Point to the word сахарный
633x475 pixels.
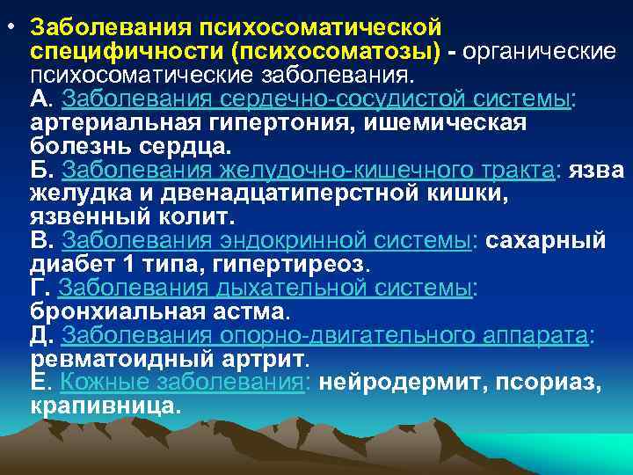coord(545,240)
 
